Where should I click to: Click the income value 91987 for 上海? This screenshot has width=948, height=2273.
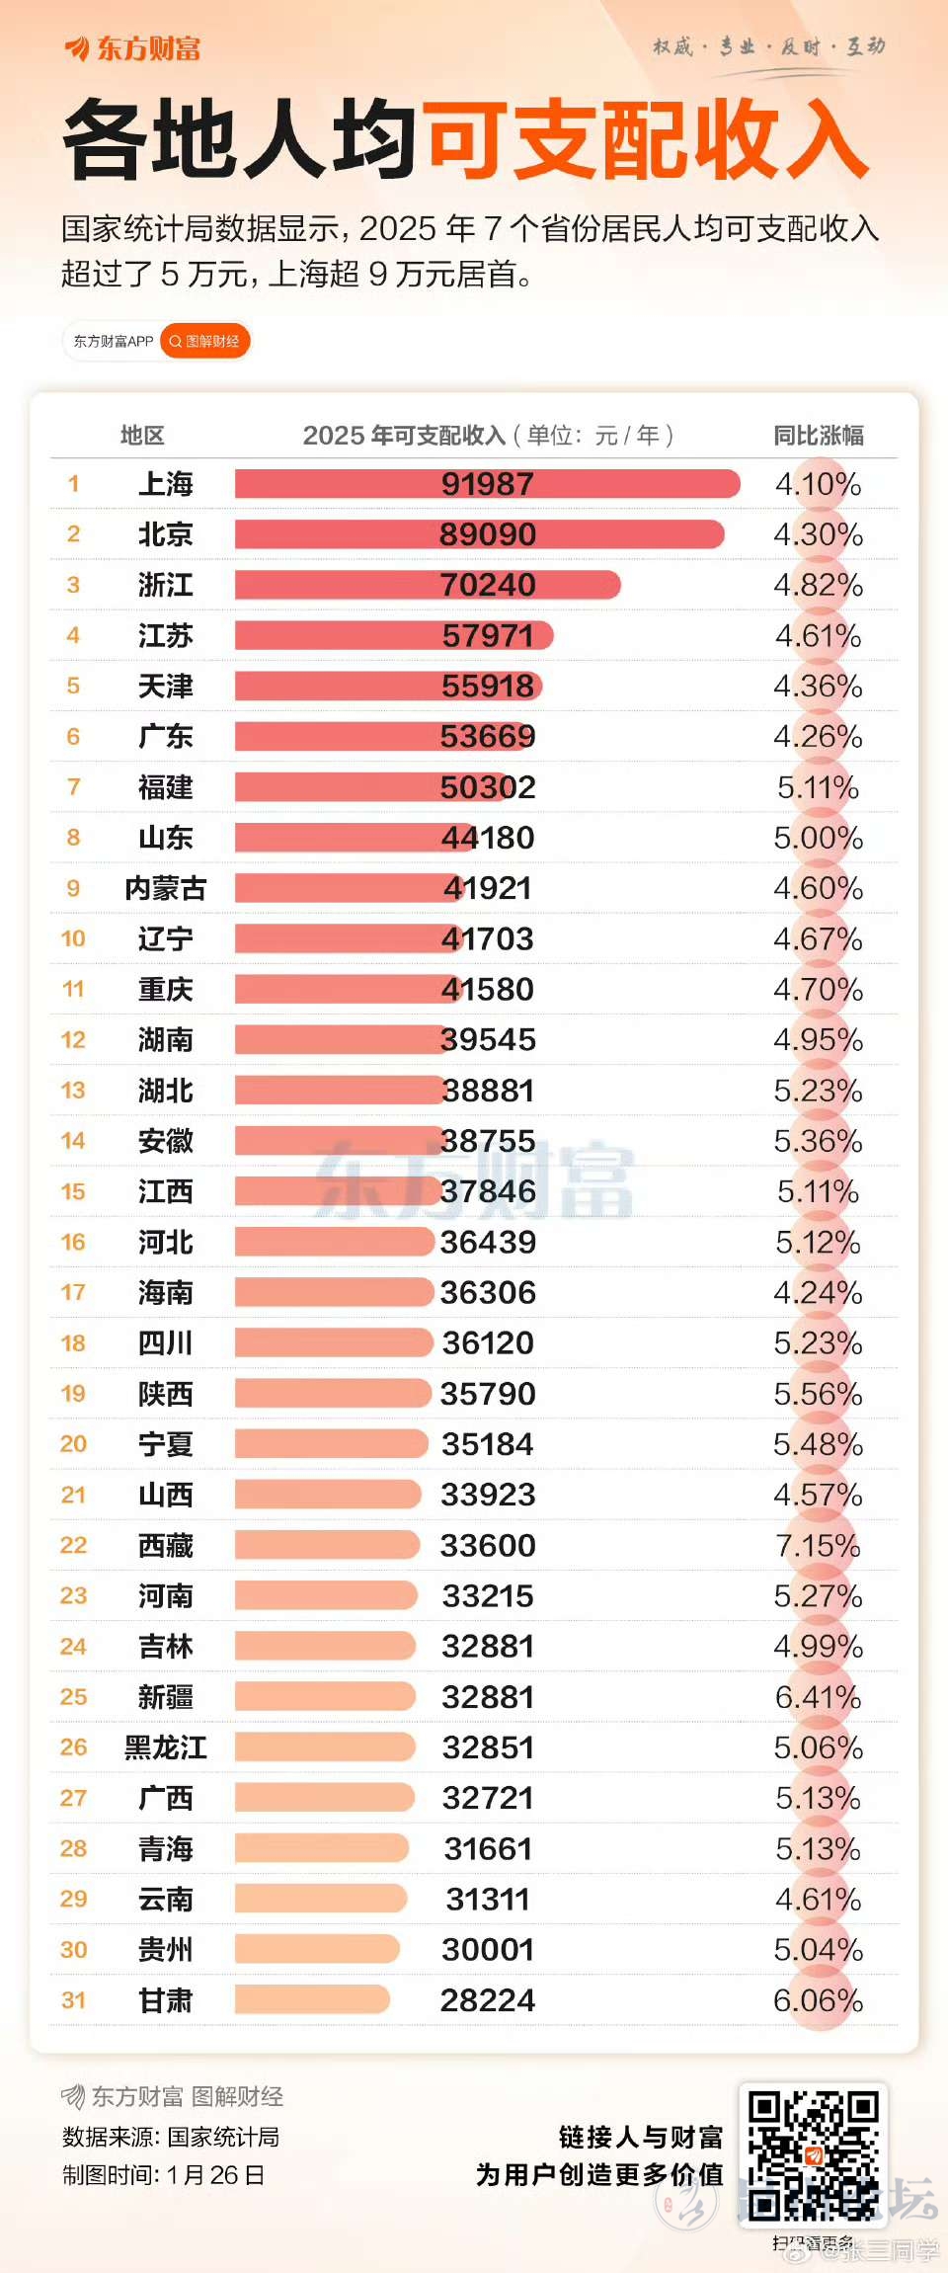(x=487, y=484)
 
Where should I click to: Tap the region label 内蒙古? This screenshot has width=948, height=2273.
(x=165, y=888)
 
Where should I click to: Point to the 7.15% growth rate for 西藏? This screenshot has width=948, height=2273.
(x=818, y=1545)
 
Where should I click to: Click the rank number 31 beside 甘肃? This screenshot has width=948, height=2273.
(x=73, y=2000)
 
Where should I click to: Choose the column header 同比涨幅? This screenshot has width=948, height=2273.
(x=818, y=435)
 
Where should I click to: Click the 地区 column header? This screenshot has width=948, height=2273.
(x=142, y=435)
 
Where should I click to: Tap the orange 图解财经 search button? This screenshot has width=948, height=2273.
(x=205, y=342)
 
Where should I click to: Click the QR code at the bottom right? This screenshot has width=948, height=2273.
(x=813, y=2154)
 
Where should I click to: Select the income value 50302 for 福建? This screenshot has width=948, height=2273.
(x=487, y=787)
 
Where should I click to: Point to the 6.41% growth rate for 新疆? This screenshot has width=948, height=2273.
(x=818, y=1697)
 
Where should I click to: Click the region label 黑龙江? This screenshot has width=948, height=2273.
(x=165, y=1747)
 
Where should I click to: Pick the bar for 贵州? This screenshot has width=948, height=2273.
(x=316, y=1949)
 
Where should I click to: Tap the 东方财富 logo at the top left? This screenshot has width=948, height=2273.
(x=133, y=47)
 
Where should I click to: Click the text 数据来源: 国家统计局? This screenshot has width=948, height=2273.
(x=170, y=2137)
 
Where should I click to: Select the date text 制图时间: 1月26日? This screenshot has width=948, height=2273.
(x=163, y=2174)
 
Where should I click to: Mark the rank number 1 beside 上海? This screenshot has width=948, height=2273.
(x=73, y=484)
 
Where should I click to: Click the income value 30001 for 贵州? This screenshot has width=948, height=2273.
(x=487, y=1949)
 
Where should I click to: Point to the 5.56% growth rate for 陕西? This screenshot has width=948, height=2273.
(x=818, y=1394)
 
